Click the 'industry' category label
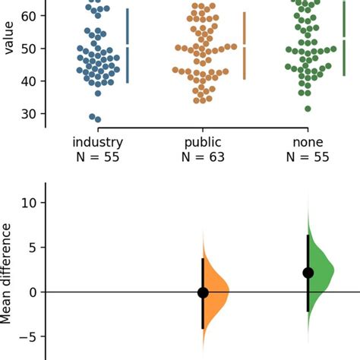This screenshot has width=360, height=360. [x=97, y=142]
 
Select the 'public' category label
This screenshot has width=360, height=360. [x=203, y=142]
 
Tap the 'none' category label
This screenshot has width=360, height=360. [x=309, y=142]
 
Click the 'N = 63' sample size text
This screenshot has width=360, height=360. [x=203, y=157]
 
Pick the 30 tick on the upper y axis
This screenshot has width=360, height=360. [x=31, y=113]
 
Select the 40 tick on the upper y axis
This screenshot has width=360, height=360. [x=31, y=81]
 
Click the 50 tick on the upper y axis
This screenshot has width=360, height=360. [x=31, y=48]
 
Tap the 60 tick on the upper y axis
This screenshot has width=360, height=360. [x=31, y=15]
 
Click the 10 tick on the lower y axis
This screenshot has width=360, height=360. [x=30, y=203]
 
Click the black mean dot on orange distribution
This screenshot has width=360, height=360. [x=203, y=292]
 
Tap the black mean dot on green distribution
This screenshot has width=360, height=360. [x=308, y=273]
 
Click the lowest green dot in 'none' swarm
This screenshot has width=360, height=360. [x=308, y=109]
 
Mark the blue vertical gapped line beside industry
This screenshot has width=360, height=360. [x=128, y=46]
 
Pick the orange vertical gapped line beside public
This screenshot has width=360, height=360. [x=244, y=46]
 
